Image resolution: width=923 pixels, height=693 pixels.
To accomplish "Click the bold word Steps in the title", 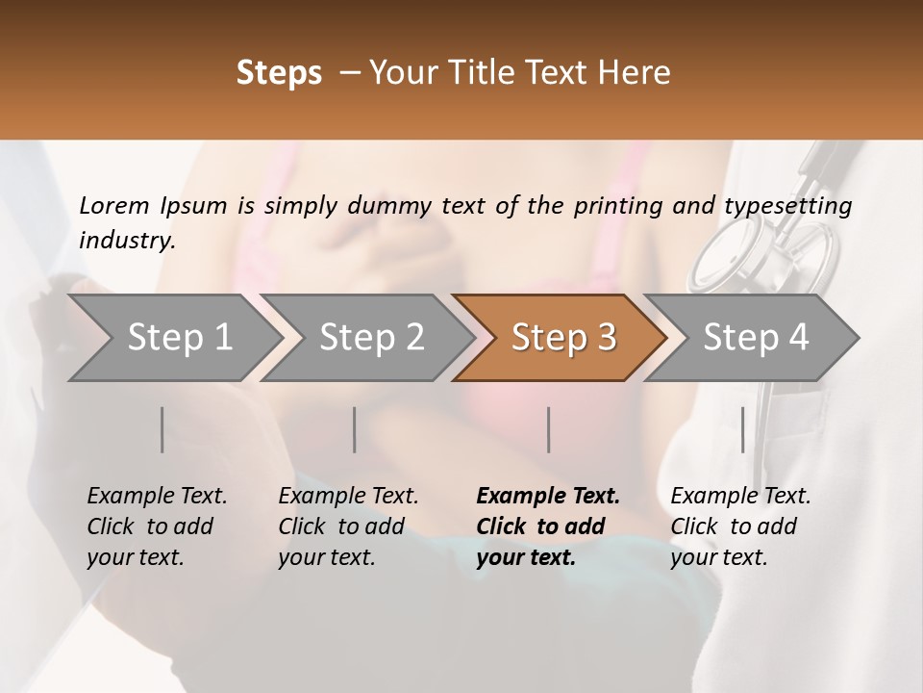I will click(x=279, y=73).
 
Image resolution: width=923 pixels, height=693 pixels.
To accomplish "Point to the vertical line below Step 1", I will click(x=162, y=429).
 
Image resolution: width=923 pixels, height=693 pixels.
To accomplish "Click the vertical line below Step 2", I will click(x=355, y=429).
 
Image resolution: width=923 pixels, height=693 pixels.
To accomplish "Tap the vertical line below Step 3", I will click(x=549, y=429).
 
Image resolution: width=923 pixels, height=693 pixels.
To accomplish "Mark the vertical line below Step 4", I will click(x=742, y=429).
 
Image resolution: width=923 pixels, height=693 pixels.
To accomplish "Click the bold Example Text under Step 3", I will click(x=548, y=496).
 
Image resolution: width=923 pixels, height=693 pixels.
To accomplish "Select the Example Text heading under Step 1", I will click(x=157, y=496).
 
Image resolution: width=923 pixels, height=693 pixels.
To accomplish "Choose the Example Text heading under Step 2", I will click(x=348, y=496).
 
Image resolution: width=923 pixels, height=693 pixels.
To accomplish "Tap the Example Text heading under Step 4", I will click(x=740, y=496).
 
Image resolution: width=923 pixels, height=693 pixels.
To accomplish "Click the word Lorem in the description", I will click(x=114, y=205).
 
